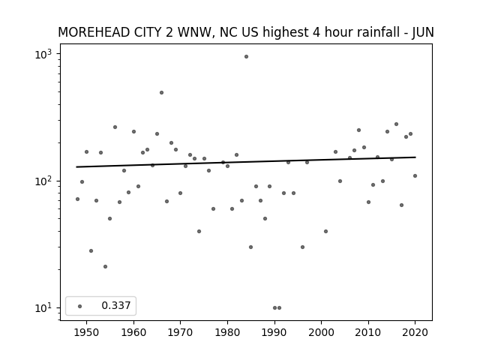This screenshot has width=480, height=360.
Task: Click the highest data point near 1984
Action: point(246,57)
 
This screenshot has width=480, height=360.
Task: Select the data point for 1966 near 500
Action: point(162,93)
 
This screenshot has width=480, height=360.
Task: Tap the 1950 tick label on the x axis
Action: point(87,332)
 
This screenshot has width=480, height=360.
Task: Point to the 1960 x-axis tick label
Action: point(133,332)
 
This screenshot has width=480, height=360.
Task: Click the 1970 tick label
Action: point(181,332)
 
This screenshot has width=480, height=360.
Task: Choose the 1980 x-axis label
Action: point(227,332)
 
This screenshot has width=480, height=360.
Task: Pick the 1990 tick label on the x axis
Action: point(274,332)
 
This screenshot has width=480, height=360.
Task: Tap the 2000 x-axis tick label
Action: point(322,332)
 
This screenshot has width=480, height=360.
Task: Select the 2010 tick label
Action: point(368,332)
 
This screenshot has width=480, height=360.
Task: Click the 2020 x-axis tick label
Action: point(415,332)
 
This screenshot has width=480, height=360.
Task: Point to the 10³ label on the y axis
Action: point(43,55)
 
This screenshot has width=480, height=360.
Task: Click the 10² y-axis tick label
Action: point(43,181)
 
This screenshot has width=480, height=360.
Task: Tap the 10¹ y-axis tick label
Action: point(43,308)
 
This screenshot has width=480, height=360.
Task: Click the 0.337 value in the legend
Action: point(116,305)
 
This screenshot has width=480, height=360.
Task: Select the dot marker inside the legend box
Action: point(80,306)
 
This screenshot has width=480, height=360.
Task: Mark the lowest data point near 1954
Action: point(105,267)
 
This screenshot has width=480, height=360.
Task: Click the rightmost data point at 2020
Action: point(415,176)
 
